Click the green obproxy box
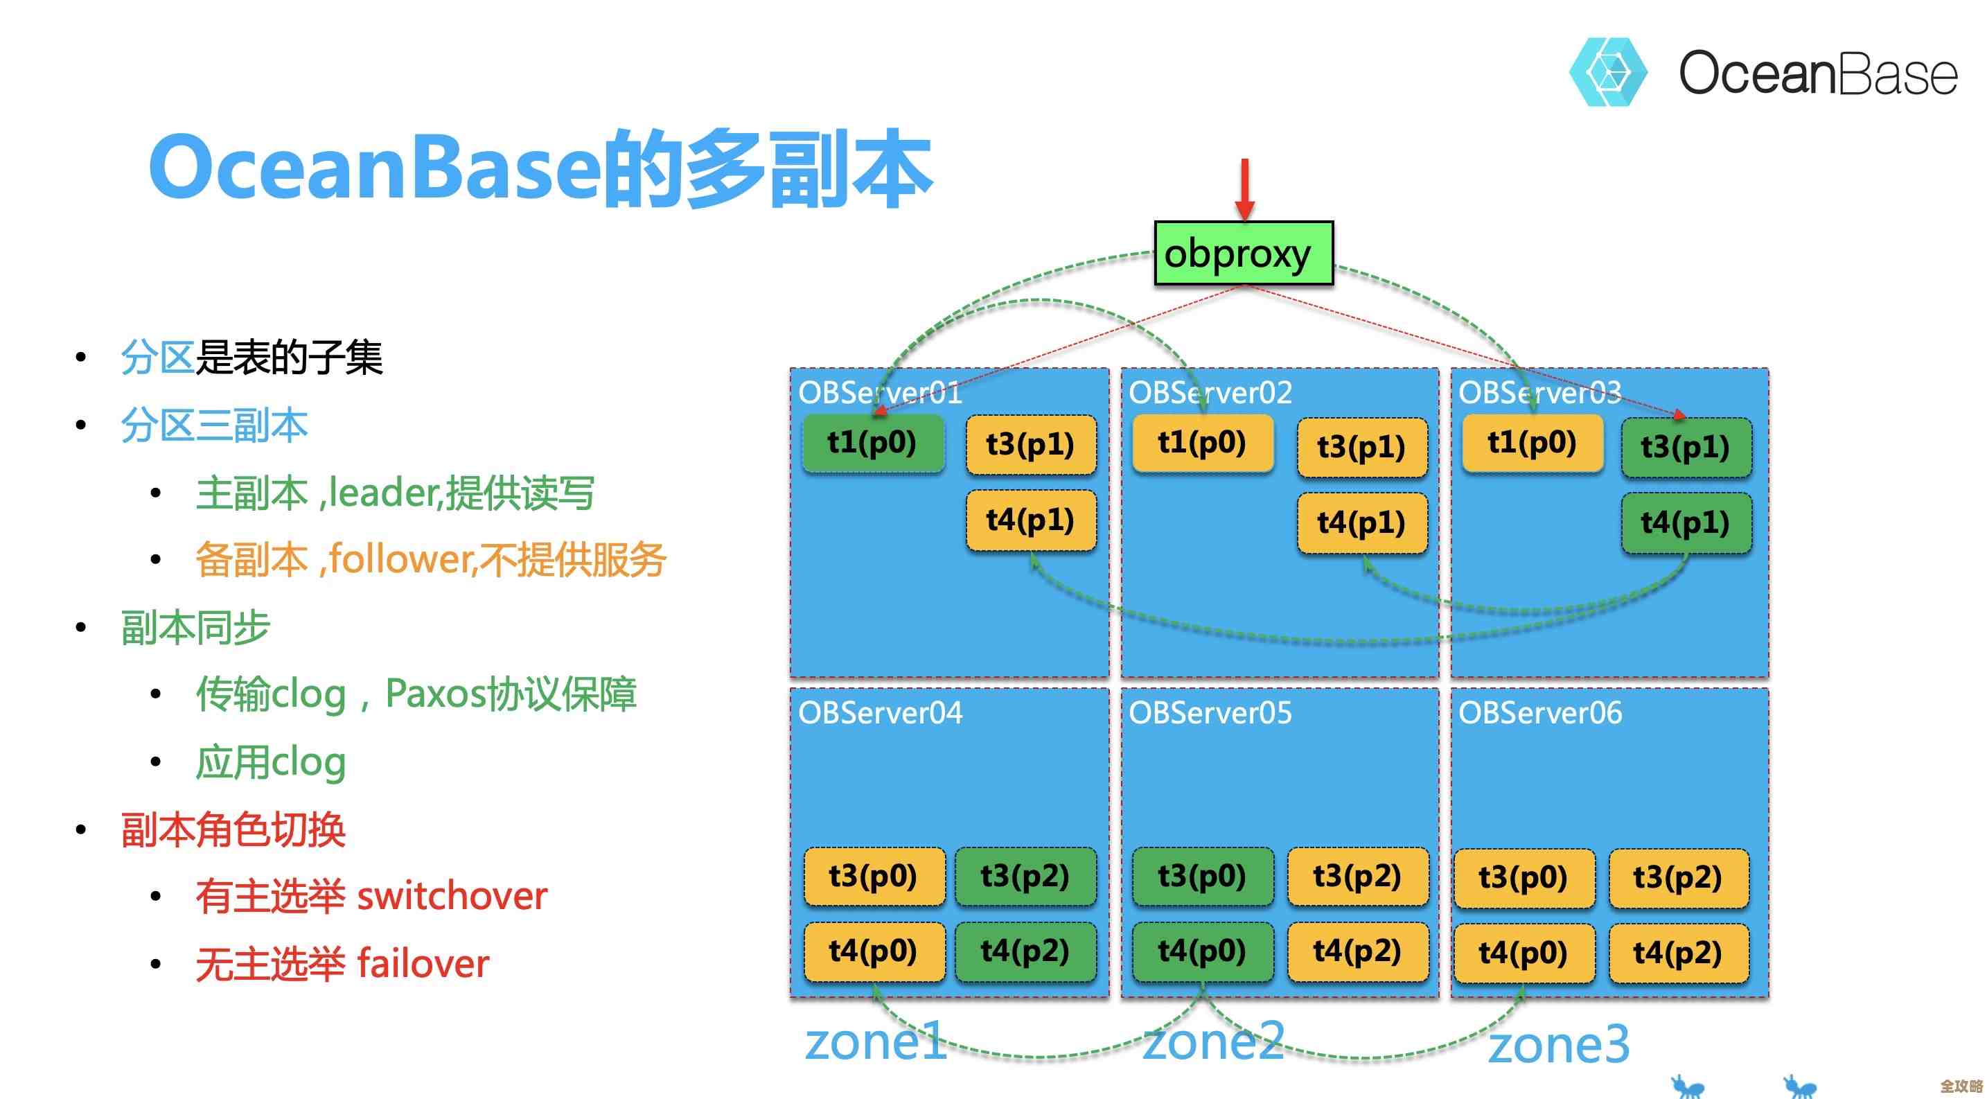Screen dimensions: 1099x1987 pos(1243,253)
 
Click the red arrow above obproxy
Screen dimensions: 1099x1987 pos(1244,189)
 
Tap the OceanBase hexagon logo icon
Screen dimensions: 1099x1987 pos(1607,72)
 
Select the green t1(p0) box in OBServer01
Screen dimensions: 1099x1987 pos(872,443)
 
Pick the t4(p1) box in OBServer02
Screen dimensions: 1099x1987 pos(1361,523)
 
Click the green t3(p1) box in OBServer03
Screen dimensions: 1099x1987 pos(1686,448)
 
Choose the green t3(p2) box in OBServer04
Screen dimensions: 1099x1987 pos(1025,876)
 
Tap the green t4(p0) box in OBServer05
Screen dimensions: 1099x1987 pos(1202,951)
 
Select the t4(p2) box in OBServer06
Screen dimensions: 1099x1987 pos(1678,953)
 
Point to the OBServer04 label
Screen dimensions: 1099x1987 pos(880,712)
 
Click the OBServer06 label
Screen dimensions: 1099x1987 pos(1539,712)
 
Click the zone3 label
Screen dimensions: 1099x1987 pos(1558,1045)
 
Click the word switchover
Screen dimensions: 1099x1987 pos(452,896)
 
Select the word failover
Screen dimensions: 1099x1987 pos(423,963)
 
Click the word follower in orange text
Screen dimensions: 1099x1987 pos(400,559)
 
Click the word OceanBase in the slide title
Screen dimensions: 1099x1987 pos(375,168)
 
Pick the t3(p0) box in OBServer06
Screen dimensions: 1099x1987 pos(1523,878)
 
